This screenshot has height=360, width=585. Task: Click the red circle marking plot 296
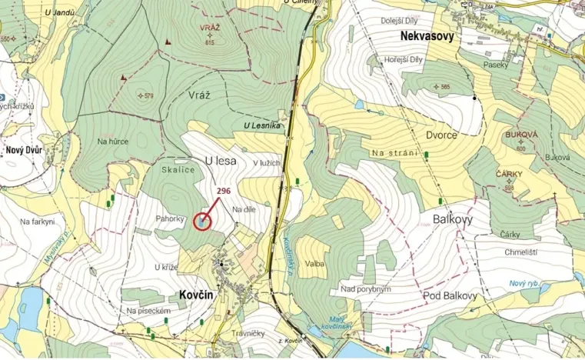(201, 222)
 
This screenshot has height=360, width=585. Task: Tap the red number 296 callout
(224, 191)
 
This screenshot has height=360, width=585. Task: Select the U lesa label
(219, 160)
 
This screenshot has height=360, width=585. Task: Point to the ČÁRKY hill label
(509, 175)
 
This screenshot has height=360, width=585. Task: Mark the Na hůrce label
(112, 141)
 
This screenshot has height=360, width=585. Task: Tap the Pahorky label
(170, 218)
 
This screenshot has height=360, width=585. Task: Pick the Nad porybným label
(366, 288)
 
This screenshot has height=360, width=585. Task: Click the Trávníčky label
(248, 333)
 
